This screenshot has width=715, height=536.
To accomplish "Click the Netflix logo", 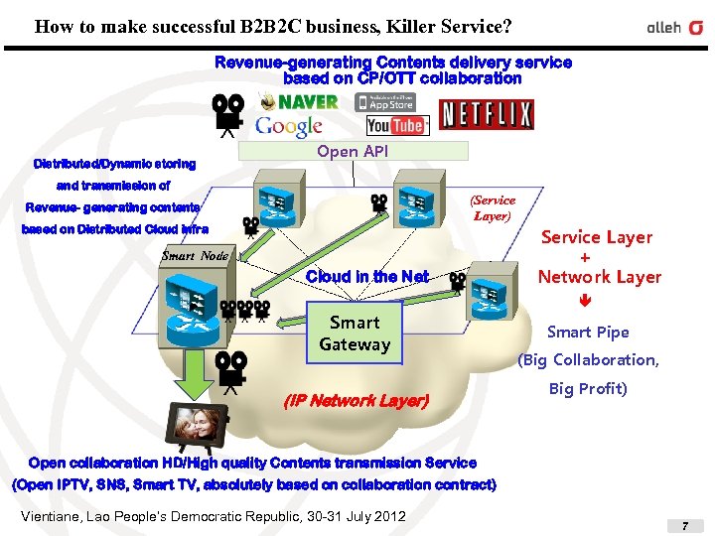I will (487, 115).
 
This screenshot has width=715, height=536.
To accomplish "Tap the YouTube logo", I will (397, 125).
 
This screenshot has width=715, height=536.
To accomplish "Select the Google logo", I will (289, 126).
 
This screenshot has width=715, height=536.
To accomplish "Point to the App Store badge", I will (386, 101).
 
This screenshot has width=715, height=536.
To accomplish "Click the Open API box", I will (352, 151).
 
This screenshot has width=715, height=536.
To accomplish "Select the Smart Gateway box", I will (355, 334).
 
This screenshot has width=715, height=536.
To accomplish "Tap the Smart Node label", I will (195, 255).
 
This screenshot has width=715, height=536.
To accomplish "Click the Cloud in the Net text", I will (367, 277).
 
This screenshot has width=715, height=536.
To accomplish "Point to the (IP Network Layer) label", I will (356, 401).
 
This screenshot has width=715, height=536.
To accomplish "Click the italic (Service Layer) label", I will (493, 207).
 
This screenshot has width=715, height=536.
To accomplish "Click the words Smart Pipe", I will (588, 333).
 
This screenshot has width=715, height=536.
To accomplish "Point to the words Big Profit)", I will (588, 388).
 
